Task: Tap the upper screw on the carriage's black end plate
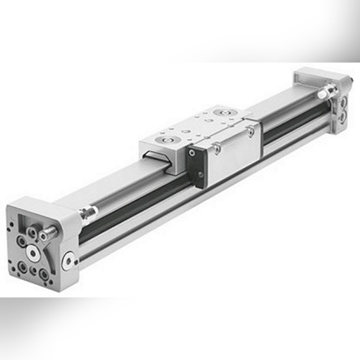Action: (x=193, y=153)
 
